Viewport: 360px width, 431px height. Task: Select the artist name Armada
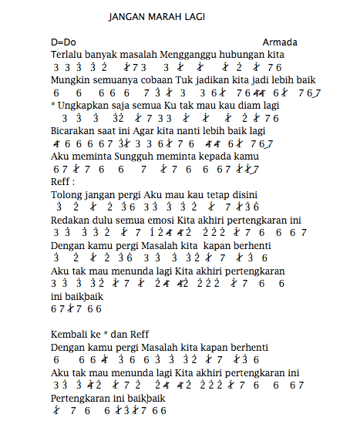pyautogui.click(x=279, y=42)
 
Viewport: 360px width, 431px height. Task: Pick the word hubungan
pyautogui.click(x=247, y=56)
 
